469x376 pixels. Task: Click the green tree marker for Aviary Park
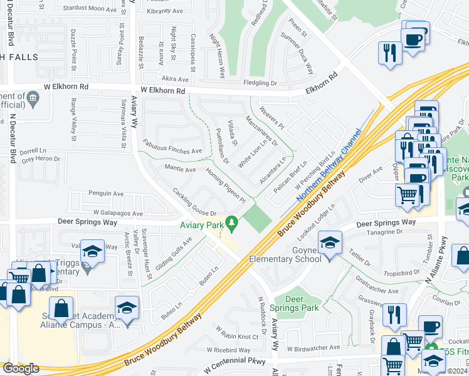pos(232,222)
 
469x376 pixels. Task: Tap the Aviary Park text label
pos(202,225)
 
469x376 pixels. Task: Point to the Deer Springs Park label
pos(294,303)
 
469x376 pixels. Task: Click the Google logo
pos(20,368)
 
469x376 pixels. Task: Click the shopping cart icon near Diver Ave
pos(408,196)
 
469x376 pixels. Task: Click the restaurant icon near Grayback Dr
pos(394,316)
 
